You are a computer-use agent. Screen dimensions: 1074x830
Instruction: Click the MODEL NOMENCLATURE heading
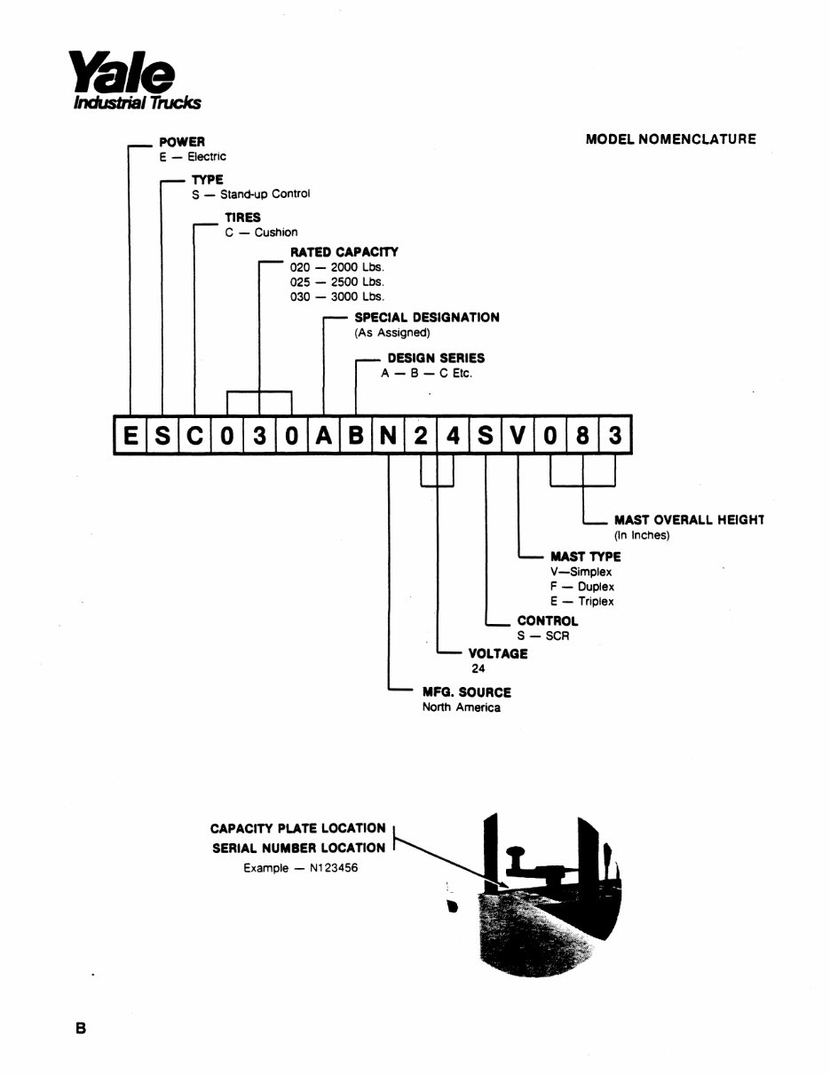tap(671, 139)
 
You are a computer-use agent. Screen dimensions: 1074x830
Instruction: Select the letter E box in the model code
tap(130, 435)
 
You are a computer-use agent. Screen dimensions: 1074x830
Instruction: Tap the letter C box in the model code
tap(194, 435)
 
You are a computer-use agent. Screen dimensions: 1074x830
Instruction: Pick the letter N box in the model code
tap(389, 435)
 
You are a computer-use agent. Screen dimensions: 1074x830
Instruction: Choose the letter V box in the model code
tap(518, 435)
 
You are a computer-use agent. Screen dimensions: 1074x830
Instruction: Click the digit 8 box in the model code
tap(582, 435)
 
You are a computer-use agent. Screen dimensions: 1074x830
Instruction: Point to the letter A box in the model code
tap(324, 435)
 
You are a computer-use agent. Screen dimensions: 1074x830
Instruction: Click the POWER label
tap(182, 142)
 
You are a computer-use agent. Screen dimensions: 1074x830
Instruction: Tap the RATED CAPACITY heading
tap(344, 252)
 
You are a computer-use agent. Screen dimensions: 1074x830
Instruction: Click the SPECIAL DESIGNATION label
tap(426, 317)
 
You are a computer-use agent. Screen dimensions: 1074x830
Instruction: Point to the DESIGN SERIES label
tap(436, 358)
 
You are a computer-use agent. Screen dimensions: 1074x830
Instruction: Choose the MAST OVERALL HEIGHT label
tap(689, 520)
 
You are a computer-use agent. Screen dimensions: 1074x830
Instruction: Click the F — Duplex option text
tap(582, 587)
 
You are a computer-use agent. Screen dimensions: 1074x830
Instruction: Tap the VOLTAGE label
tap(498, 653)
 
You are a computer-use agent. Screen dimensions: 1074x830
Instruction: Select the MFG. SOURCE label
tap(466, 691)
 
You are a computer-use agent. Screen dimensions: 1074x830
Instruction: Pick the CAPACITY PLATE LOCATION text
tap(297, 828)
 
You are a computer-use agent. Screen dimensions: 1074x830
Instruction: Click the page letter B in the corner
tap(81, 1029)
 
